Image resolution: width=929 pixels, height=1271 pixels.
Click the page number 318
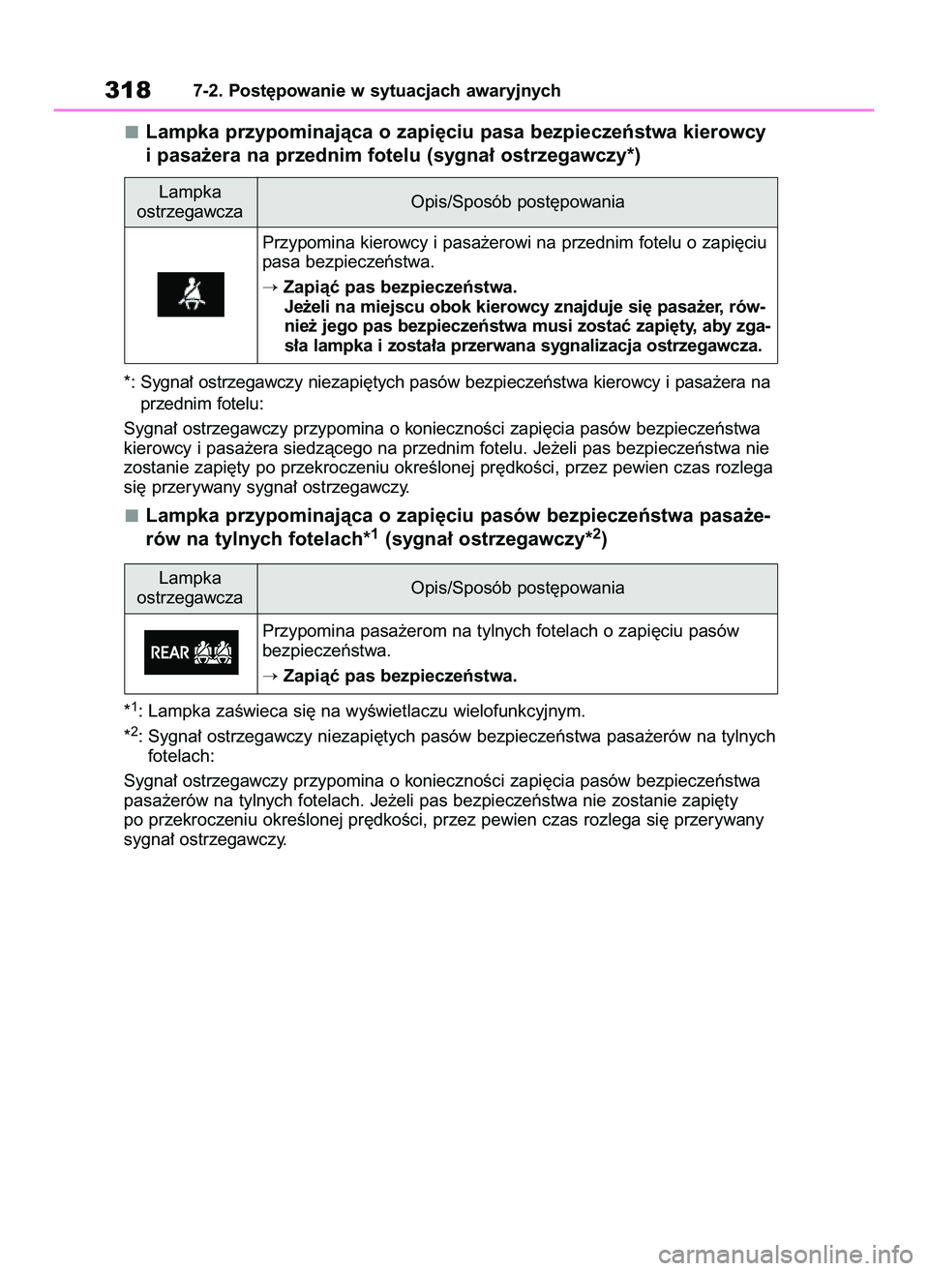point(128,90)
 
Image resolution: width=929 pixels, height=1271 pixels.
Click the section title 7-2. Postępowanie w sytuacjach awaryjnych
point(376,91)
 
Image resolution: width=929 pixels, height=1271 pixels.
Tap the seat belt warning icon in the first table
point(191,294)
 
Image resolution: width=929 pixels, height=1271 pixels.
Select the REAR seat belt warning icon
point(191,652)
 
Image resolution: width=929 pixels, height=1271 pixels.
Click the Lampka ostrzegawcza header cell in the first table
point(190,201)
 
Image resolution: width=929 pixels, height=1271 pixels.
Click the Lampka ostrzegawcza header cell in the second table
point(190,588)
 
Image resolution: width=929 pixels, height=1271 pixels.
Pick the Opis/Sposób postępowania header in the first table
point(517,201)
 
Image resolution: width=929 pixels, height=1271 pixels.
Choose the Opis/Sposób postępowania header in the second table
point(517,588)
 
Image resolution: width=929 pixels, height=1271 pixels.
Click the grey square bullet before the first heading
point(131,132)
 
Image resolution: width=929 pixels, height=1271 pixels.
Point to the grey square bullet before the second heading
point(131,515)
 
